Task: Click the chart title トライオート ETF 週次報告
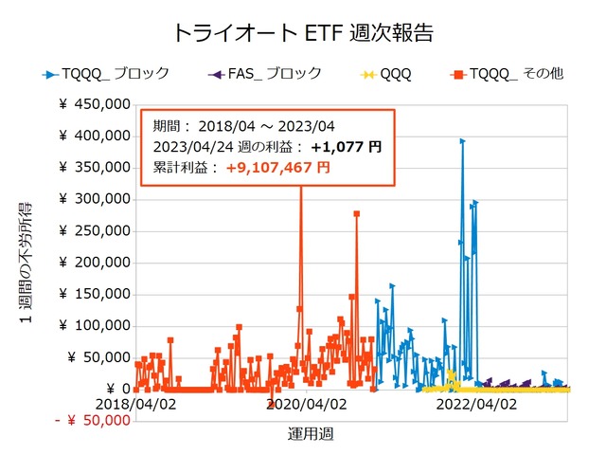click(x=303, y=32)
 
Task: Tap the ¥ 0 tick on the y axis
click(x=116, y=389)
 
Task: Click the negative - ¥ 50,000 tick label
click(x=92, y=420)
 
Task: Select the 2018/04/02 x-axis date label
click(x=137, y=404)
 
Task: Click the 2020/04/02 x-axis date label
click(x=308, y=404)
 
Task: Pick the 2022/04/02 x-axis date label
click(x=477, y=404)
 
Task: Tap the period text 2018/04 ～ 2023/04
click(x=274, y=126)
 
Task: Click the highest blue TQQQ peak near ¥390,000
click(x=462, y=141)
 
